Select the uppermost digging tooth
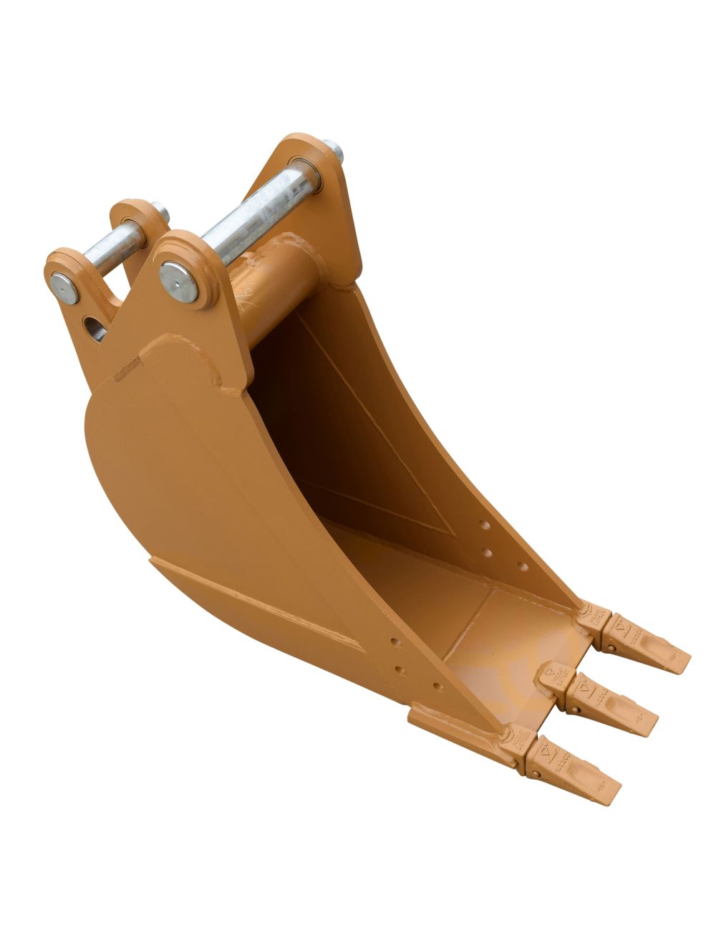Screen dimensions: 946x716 click(x=648, y=644)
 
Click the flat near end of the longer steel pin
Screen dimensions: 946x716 click(x=179, y=280)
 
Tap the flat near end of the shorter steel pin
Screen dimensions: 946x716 click(x=64, y=285)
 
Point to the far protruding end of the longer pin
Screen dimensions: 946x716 click(x=334, y=151)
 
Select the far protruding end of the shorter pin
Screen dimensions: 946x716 click(x=162, y=212)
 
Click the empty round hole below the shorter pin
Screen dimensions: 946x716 click(x=95, y=328)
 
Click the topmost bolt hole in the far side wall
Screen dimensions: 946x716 click(x=485, y=525)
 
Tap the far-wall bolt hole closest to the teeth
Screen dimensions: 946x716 click(x=522, y=567)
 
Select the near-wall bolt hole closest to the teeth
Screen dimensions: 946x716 click(x=437, y=687)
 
